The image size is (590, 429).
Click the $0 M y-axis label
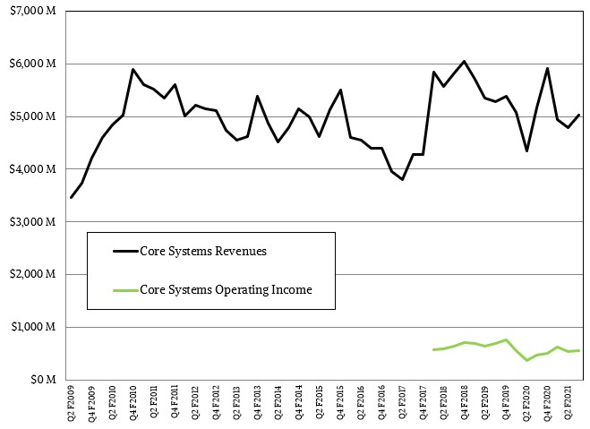[x=43, y=380]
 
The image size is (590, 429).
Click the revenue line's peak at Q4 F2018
[x=464, y=62]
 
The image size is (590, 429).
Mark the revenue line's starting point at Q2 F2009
[x=71, y=197]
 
